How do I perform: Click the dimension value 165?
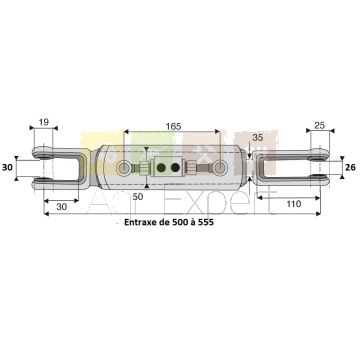(x=173, y=126)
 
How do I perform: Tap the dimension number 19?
(x=44, y=122)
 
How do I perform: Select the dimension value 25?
(x=319, y=125)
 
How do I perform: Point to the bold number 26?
(x=350, y=167)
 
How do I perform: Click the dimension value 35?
(x=258, y=138)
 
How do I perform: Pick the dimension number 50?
(x=137, y=197)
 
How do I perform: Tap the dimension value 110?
(x=294, y=203)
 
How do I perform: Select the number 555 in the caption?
(x=206, y=222)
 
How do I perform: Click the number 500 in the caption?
(x=180, y=222)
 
